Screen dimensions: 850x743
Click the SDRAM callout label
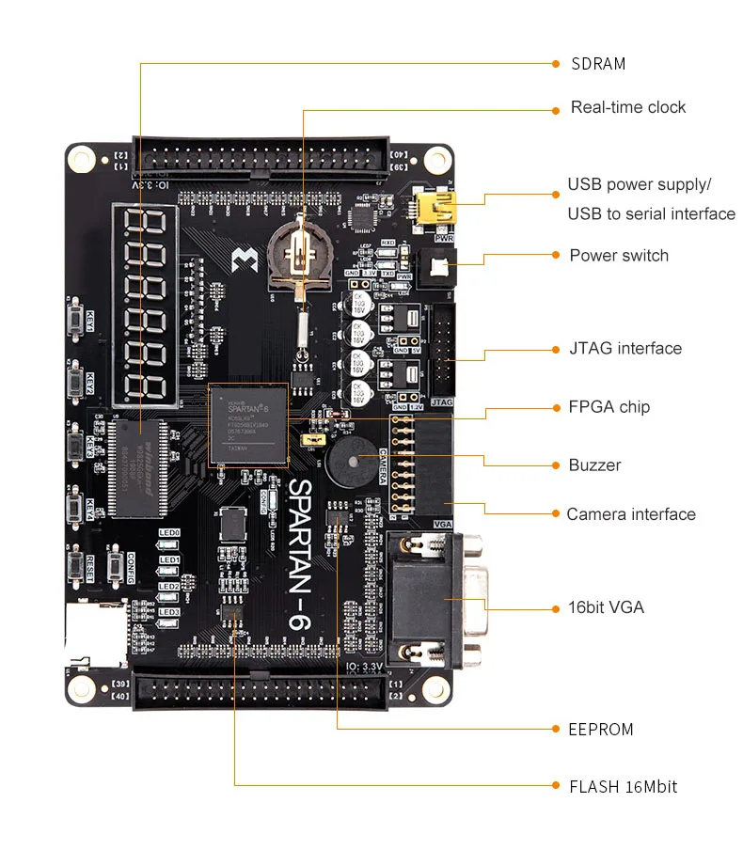click(598, 64)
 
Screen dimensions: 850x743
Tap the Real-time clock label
click(628, 107)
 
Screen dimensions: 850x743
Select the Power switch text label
click(619, 256)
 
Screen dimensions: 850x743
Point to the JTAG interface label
click(625, 349)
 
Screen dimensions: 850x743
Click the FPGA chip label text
click(609, 407)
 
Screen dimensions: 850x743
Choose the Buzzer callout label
click(594, 465)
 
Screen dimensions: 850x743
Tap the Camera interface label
click(631, 514)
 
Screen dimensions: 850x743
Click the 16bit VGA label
click(607, 607)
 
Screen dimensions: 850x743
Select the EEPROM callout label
click(601, 730)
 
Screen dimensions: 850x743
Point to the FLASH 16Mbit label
click(623, 787)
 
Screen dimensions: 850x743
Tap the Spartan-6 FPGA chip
click(248, 425)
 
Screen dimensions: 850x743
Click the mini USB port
click(436, 208)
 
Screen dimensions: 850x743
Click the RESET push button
click(75, 567)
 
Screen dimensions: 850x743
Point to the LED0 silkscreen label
click(169, 533)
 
